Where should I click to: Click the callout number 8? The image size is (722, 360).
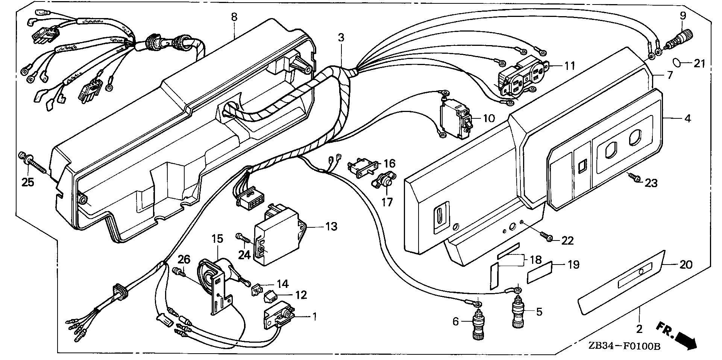pyautogui.click(x=234, y=17)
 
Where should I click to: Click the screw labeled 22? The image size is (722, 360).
pyautogui.click(x=546, y=236)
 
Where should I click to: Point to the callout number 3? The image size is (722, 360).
pyautogui.click(x=341, y=38)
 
